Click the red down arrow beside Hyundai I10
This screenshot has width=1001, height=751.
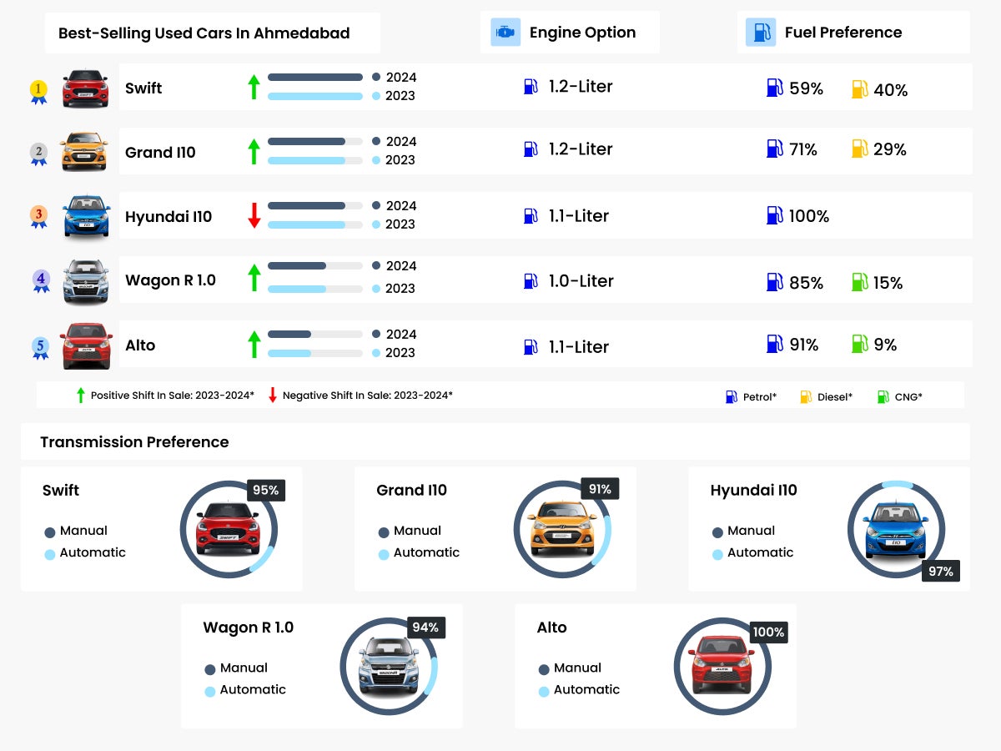pyautogui.click(x=254, y=215)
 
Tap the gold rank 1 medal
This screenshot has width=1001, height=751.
pyautogui.click(x=38, y=90)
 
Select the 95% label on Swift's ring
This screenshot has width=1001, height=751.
pyautogui.click(x=266, y=491)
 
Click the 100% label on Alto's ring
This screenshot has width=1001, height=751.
pyautogui.click(x=768, y=633)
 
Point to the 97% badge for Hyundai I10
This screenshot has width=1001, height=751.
pyautogui.click(x=941, y=572)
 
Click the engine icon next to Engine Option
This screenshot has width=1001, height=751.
pyautogui.click(x=506, y=33)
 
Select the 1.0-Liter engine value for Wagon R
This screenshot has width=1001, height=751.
pyautogui.click(x=581, y=281)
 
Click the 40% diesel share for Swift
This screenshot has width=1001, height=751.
pyautogui.click(x=890, y=90)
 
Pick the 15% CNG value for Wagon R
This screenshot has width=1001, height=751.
pyautogui.click(x=888, y=283)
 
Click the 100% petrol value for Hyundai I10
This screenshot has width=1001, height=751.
pyautogui.click(x=808, y=216)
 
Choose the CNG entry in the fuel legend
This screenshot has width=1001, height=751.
pyautogui.click(x=908, y=397)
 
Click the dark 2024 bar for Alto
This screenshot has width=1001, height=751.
pyautogui.click(x=289, y=334)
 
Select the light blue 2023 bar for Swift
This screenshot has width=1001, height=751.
pyautogui.click(x=314, y=96)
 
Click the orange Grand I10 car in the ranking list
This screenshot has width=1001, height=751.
pyautogui.click(x=83, y=151)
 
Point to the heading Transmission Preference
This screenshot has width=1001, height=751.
pyautogui.click(x=134, y=442)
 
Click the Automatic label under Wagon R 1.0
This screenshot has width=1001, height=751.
pyautogui.click(x=252, y=689)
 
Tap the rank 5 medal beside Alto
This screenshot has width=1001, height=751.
pyautogui.click(x=40, y=347)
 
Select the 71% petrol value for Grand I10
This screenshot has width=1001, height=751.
pyautogui.click(x=802, y=150)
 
